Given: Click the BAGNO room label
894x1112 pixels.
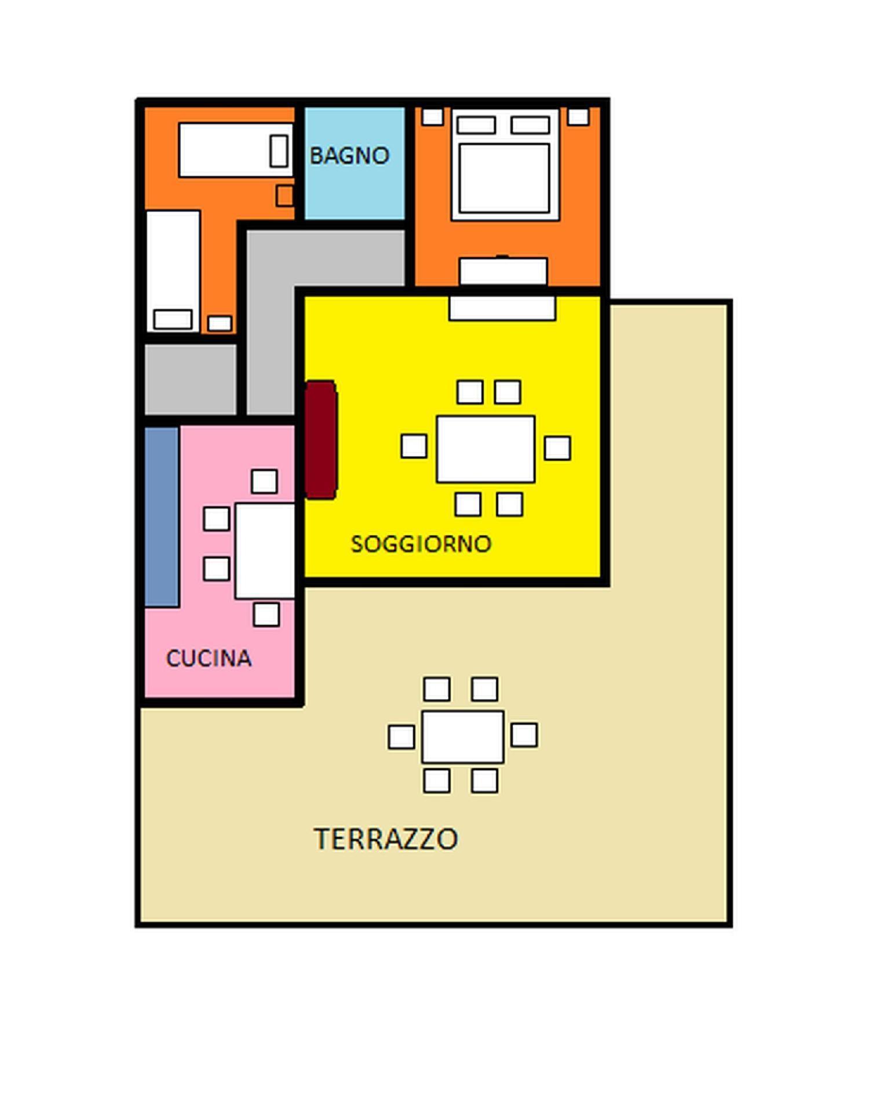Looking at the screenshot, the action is [349, 155].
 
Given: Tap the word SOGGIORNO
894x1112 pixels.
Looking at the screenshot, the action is [421, 543].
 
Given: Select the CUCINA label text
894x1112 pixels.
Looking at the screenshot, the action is [209, 658].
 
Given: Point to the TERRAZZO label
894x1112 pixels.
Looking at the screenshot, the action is [386, 839].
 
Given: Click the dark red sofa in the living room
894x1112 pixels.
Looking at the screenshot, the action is [321, 440].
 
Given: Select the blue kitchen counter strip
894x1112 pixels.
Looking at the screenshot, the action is [162, 517].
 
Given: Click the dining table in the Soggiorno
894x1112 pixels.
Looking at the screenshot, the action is [486, 449].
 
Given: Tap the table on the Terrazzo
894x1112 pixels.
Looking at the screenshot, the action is [462, 737].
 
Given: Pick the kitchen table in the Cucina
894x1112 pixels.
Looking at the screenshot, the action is [265, 551].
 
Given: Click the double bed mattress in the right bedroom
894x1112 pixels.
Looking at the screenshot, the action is [504, 178].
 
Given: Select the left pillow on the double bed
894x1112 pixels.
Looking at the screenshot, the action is [476, 125].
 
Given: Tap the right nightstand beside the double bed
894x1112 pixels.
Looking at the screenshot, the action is [578, 116].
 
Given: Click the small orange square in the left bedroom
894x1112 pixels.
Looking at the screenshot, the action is [284, 196].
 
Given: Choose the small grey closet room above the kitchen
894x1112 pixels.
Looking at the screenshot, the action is [191, 379].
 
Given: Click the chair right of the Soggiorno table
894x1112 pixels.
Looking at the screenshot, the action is [557, 448].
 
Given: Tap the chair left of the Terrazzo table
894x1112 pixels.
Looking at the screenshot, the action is [402, 737].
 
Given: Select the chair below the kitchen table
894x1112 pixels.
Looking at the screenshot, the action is [267, 614].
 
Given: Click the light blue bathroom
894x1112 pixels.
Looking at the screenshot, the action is [355, 163].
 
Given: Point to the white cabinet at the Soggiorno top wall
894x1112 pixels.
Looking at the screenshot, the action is [502, 308].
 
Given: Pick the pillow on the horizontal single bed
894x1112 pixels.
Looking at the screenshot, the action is [279, 151].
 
